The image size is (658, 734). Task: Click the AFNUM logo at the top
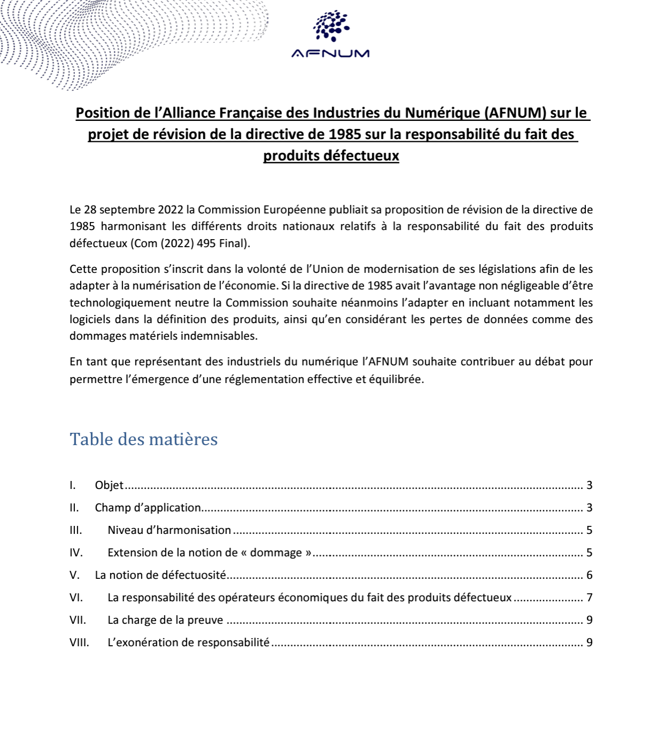pyautogui.click(x=331, y=35)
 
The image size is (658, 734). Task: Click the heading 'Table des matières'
pyautogui.click(x=143, y=439)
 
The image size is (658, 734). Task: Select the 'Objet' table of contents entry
pyautogui.click(x=109, y=485)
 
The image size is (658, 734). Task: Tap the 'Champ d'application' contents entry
pyautogui.click(x=148, y=508)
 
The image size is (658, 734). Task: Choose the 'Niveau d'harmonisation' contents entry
pyautogui.click(x=169, y=530)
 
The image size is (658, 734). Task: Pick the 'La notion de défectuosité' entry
pyautogui.click(x=160, y=575)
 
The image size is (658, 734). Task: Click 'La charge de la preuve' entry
pyautogui.click(x=165, y=620)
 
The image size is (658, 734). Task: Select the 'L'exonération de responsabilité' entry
pyautogui.click(x=188, y=643)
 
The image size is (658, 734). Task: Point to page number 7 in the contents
pyautogui.click(x=589, y=598)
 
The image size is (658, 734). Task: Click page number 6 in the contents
pyautogui.click(x=589, y=575)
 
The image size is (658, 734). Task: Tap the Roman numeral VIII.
pyautogui.click(x=79, y=643)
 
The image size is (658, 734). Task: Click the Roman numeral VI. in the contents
pyautogui.click(x=76, y=598)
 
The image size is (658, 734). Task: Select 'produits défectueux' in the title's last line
pyautogui.click(x=331, y=156)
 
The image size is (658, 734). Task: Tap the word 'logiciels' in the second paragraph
pyautogui.click(x=90, y=319)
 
